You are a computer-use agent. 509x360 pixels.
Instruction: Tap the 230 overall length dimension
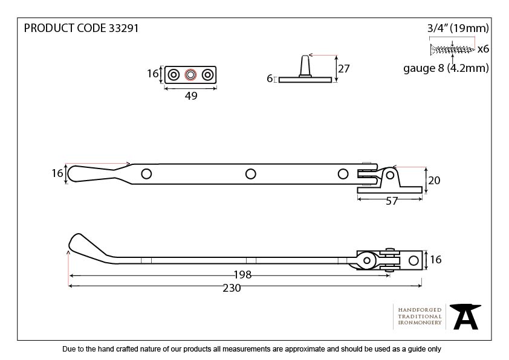[x=232, y=288]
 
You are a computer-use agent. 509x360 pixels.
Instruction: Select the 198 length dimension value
[x=242, y=275]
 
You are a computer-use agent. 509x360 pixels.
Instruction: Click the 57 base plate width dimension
[x=392, y=201]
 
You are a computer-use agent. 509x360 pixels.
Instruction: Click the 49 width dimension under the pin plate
[x=190, y=95]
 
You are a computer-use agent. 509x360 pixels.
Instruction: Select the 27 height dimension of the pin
[x=344, y=68]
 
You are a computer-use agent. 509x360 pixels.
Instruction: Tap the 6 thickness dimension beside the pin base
[x=270, y=79]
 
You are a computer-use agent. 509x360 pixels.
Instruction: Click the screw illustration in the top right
[x=452, y=48]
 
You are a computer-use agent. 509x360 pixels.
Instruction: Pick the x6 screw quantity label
[x=482, y=48]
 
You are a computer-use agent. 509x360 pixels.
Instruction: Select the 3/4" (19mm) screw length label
[x=458, y=28]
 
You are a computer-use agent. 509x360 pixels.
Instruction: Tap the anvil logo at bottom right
[x=466, y=316]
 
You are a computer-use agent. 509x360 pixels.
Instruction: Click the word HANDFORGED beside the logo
[x=420, y=310]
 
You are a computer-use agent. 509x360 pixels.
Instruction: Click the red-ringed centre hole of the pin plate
[x=190, y=75]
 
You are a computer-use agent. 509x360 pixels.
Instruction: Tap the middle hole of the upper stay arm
[x=250, y=174]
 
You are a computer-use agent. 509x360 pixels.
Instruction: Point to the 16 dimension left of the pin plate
[x=154, y=74]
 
